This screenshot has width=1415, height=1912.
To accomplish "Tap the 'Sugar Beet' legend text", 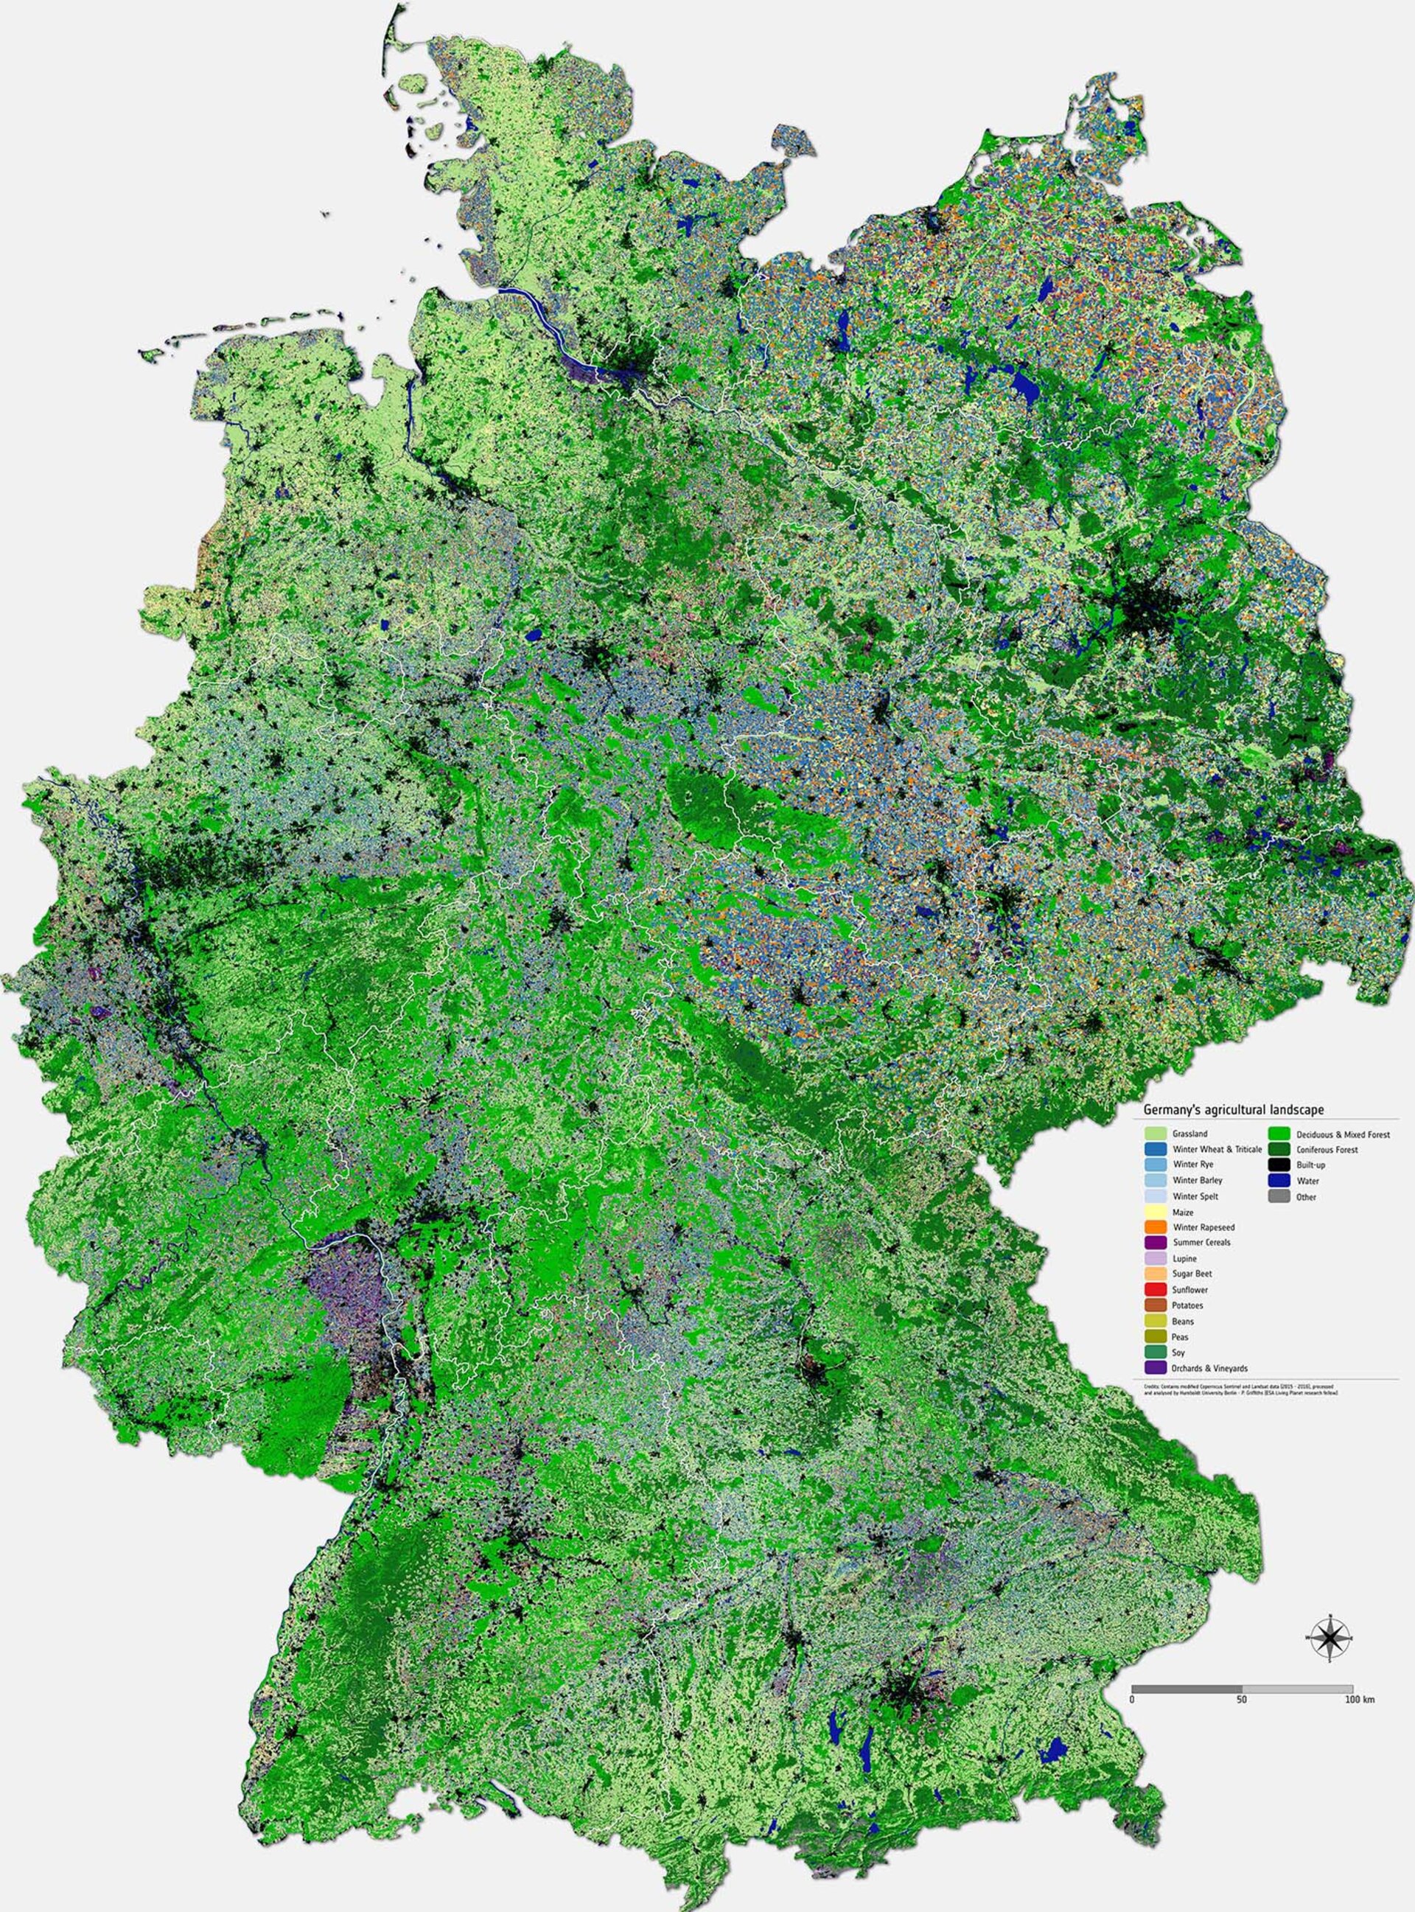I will pyautogui.click(x=1192, y=1274).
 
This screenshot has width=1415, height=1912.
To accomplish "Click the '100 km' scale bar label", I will pyautogui.click(x=1359, y=1699).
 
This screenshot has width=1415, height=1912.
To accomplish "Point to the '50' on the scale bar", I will pyautogui.click(x=1242, y=1699).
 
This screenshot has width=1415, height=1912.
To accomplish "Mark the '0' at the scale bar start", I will pyautogui.click(x=1132, y=1699).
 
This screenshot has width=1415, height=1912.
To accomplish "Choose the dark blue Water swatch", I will pyautogui.click(x=1279, y=1180).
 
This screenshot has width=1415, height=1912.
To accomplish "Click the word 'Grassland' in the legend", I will pyautogui.click(x=1189, y=1134).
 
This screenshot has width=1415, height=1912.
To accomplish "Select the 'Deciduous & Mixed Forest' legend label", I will pyautogui.click(x=1343, y=1134).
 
